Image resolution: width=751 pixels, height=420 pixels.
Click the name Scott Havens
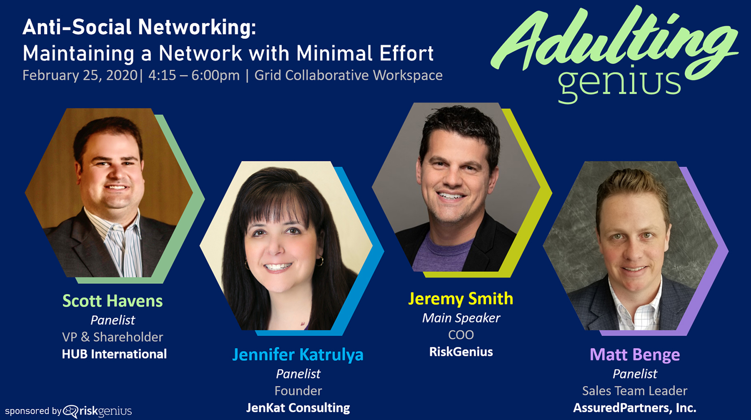(113, 301)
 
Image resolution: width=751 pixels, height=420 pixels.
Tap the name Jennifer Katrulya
(298, 355)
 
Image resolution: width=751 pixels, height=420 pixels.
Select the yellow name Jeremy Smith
(461, 299)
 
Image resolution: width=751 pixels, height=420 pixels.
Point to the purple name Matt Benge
(634, 355)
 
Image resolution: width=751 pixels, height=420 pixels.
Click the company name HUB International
(114, 354)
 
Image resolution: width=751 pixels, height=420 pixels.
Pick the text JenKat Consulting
(298, 408)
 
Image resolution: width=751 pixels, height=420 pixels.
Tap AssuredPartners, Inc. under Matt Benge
(634, 408)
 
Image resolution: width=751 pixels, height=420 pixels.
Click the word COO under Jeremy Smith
(461, 335)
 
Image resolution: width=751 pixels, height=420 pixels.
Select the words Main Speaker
(461, 318)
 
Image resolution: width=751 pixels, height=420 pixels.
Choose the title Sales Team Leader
(634, 391)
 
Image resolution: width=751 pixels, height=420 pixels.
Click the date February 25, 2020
(80, 75)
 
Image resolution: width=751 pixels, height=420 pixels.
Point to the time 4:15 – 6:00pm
(194, 75)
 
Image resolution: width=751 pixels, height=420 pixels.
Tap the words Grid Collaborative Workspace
(348, 75)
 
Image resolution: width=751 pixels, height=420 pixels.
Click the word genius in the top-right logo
(619, 84)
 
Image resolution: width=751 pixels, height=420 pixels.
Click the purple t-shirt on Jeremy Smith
(442, 253)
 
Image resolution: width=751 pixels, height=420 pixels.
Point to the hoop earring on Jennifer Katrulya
(320, 261)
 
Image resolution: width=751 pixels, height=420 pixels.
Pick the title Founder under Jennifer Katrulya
(298, 391)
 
